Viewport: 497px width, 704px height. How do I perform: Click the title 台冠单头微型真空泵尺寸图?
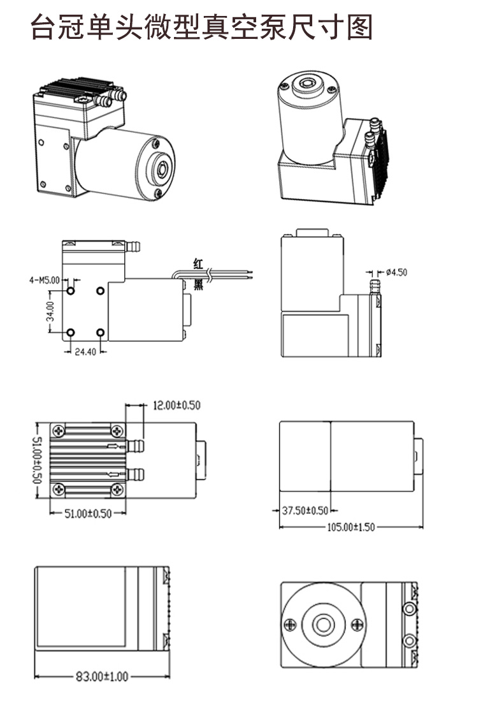coord(201,29)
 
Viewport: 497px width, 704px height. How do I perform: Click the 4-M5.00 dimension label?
coord(44,279)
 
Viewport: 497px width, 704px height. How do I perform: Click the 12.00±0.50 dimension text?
coord(176,405)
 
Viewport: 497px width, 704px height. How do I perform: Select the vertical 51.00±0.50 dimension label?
coord(36,459)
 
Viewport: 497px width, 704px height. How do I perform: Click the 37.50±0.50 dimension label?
coord(304,510)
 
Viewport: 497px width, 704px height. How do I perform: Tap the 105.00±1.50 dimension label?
coord(350,527)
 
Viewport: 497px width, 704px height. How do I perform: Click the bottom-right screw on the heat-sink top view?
coord(118,489)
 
